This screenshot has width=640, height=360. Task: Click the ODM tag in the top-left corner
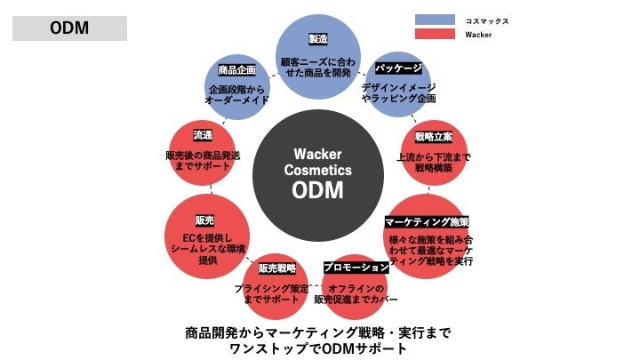pyautogui.click(x=68, y=28)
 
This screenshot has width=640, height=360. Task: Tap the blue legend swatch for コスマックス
pyautogui.click(x=435, y=20)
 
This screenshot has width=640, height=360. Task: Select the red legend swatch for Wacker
pyautogui.click(x=435, y=35)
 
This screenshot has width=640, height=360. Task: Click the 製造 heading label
pyautogui.click(x=317, y=39)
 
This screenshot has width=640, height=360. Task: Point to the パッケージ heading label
pyautogui.click(x=397, y=68)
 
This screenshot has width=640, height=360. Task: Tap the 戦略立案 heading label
pyautogui.click(x=433, y=137)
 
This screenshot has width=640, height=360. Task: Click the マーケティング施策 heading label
pyautogui.click(x=427, y=220)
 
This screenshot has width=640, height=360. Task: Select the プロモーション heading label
pyautogui.click(x=356, y=267)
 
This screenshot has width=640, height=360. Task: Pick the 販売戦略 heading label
pyautogui.click(x=276, y=268)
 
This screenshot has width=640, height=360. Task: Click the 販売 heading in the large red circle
pyautogui.click(x=204, y=220)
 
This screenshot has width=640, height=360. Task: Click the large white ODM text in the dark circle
pyautogui.click(x=317, y=190)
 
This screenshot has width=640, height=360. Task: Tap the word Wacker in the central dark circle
pyautogui.click(x=317, y=154)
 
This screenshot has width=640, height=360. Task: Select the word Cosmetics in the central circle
pyautogui.click(x=317, y=170)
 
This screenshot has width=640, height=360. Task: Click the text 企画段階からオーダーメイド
pyautogui.click(x=236, y=96)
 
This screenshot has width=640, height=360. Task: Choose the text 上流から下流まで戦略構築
pyautogui.click(x=434, y=162)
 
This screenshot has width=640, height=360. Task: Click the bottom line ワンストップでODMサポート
pyautogui.click(x=317, y=349)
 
